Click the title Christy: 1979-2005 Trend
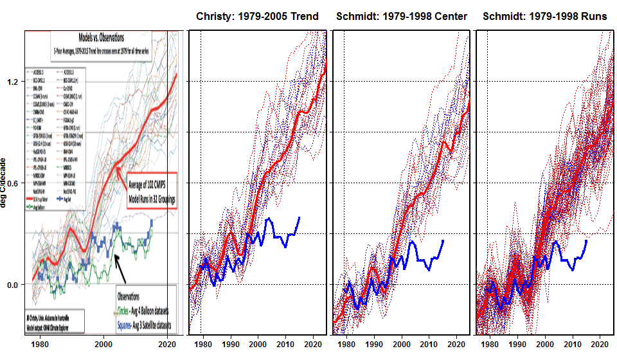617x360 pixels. coord(257,16)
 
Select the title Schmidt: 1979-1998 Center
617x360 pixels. coord(401,16)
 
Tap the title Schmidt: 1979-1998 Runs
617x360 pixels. coord(544,16)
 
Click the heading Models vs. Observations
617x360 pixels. coord(101,38)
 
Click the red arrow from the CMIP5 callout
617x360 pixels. coord(120,174)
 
